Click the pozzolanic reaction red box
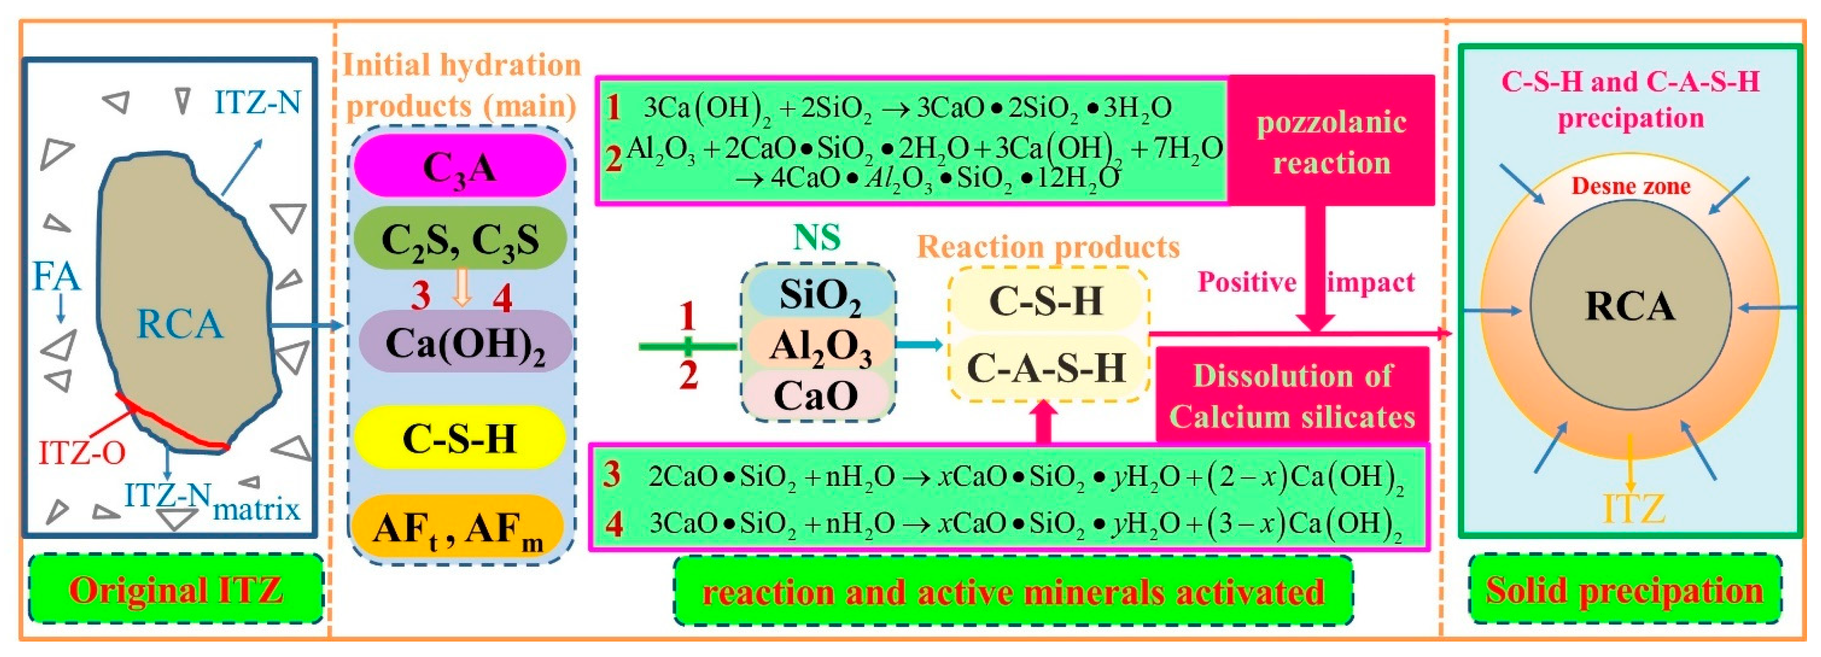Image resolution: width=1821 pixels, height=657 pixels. coord(1331,141)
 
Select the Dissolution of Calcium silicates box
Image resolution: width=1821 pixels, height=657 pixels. coord(1292,396)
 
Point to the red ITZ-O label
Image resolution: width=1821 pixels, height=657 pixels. coord(81,453)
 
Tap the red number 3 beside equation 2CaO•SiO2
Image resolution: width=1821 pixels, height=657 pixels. coord(612,475)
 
